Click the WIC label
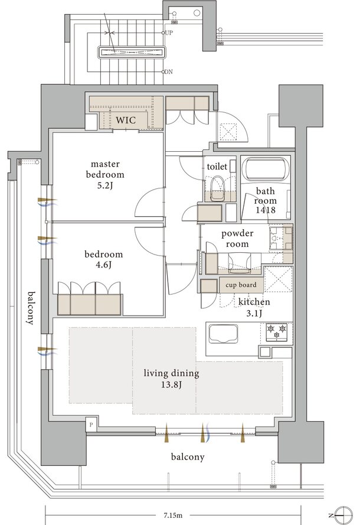pos(126,120)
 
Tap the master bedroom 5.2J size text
pos(104,185)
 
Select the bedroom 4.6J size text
pos(103,265)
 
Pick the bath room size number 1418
pos(266,210)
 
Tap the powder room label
pos(237,239)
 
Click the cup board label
pos(241,285)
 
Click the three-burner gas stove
pos(277,332)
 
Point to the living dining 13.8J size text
pos(171,384)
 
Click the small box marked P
pos(91,425)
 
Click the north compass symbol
pos(343,515)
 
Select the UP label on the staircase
pos(169,33)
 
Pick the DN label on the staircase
pos(169,71)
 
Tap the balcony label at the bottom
pos(187,457)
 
